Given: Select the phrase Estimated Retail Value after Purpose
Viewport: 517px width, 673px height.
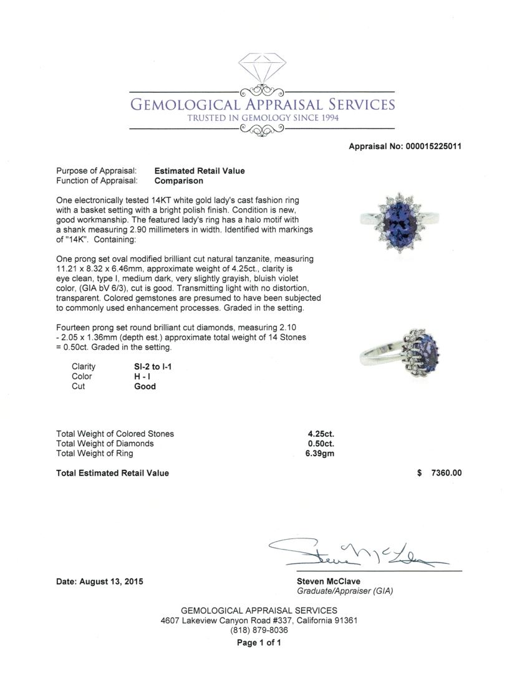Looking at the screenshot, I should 200,171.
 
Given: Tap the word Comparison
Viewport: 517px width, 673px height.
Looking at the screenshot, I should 178,181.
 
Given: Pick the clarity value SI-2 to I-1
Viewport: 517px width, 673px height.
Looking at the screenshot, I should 153,366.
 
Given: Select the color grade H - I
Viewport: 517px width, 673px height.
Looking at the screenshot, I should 144,376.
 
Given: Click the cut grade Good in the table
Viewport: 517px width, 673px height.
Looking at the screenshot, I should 145,386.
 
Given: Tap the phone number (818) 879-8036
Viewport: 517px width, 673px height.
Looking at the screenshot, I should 259,631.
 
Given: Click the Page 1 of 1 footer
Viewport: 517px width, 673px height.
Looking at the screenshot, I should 259,642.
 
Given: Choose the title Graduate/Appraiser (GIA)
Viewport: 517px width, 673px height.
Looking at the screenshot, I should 344,591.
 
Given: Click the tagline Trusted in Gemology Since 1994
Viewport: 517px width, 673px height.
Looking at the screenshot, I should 263,118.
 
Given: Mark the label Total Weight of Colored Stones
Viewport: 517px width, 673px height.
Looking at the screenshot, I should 115,434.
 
